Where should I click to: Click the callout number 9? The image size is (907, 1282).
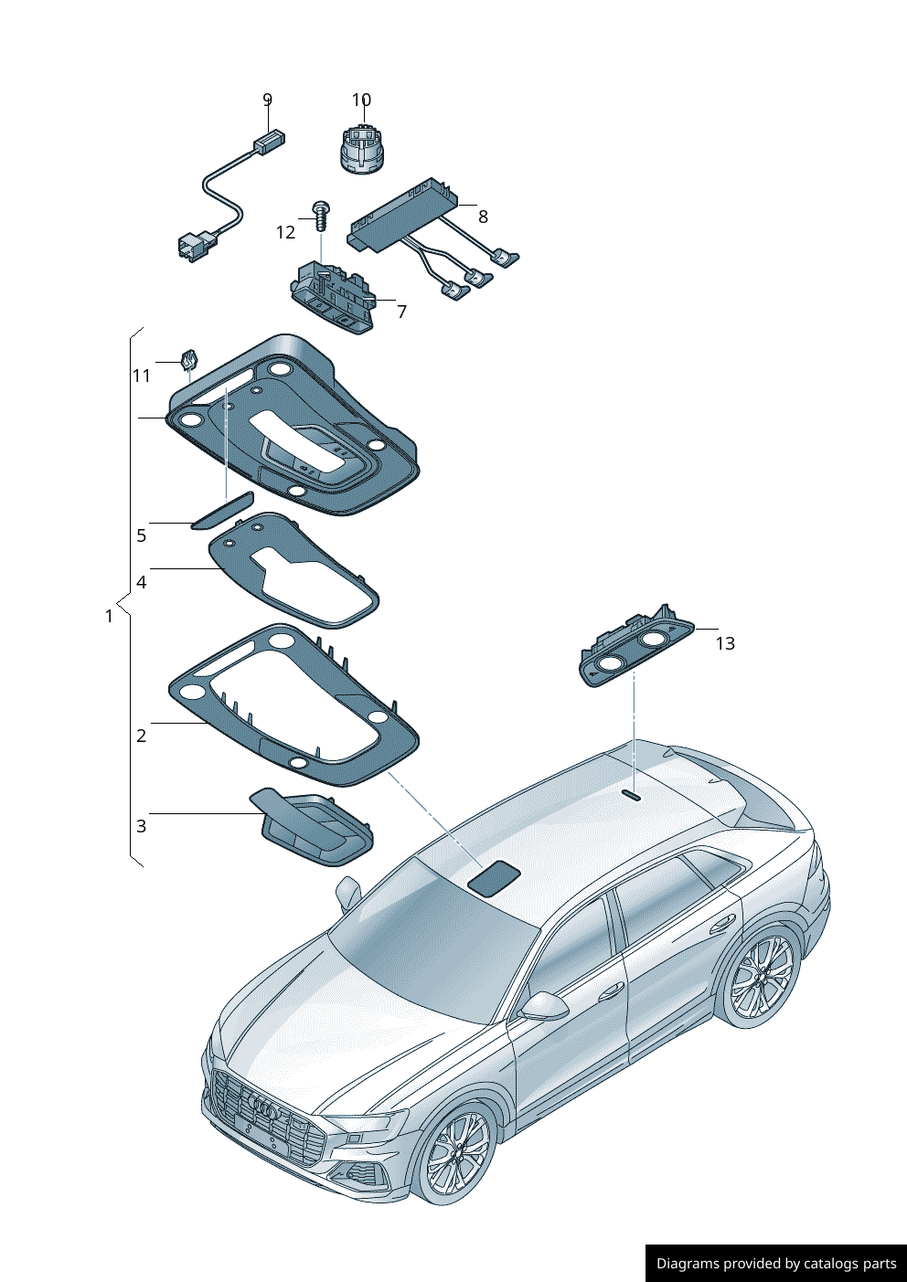[x=267, y=100]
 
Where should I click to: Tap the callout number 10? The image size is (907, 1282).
[x=361, y=100]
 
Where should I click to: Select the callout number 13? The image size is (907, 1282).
[x=725, y=644]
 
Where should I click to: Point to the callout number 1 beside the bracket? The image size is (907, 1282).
[x=110, y=617]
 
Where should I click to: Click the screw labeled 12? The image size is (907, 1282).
[x=322, y=216]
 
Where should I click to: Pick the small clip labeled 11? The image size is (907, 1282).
[x=189, y=359]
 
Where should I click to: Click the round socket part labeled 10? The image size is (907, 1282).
[x=362, y=151]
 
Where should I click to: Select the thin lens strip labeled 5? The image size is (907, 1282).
[x=222, y=511]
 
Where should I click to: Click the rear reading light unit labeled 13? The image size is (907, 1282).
[x=636, y=647]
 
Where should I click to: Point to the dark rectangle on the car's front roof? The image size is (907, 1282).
[x=494, y=878]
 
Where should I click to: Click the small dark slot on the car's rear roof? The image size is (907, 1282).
[x=632, y=795]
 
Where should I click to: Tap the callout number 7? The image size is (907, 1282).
[x=402, y=312]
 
